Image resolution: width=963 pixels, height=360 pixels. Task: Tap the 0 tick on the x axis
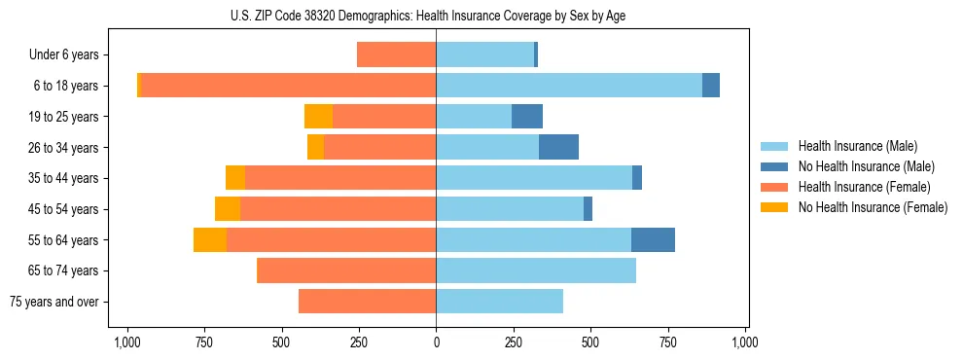point(436,342)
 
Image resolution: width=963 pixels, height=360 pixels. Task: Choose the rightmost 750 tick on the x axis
point(668,342)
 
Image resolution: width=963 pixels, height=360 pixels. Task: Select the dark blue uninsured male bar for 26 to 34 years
point(558,147)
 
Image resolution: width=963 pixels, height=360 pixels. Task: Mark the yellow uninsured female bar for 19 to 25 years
point(318,117)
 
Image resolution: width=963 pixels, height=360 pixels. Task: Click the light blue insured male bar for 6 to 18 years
point(569,86)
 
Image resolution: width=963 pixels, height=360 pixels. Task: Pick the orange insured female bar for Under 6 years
point(396,54)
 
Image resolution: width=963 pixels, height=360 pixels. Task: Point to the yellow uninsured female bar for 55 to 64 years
point(210,239)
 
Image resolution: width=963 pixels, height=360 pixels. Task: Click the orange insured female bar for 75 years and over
point(367,302)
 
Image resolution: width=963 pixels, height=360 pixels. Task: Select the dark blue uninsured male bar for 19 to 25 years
point(527,117)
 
